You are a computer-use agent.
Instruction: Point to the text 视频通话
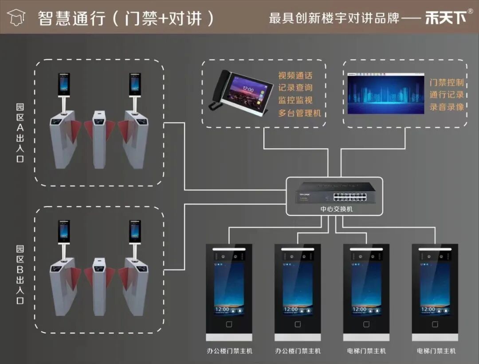295,76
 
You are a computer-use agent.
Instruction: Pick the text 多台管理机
299,113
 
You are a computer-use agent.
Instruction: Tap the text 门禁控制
446,82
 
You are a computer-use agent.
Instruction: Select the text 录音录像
446,107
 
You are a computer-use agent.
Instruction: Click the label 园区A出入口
20,133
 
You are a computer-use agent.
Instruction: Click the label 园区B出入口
20,275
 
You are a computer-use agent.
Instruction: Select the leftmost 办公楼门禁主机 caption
229,351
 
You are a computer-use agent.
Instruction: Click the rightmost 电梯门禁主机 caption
436,351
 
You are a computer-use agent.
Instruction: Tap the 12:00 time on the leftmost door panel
222,310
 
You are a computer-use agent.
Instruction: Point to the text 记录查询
295,88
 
